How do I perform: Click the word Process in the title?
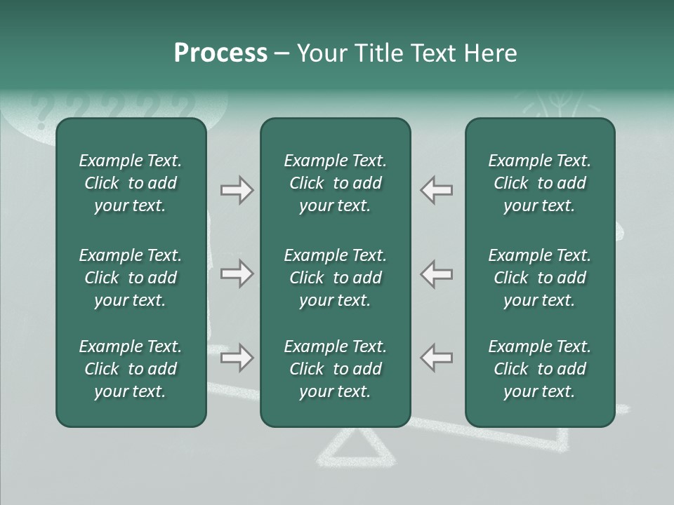(220, 53)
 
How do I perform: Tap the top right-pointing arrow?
(237, 190)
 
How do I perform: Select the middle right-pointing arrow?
(237, 274)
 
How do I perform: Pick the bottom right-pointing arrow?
(237, 358)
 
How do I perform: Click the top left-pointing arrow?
(436, 190)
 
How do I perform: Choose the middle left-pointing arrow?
(436, 274)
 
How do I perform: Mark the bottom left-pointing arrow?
(436, 358)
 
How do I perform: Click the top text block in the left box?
(131, 183)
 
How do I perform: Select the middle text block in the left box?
(131, 278)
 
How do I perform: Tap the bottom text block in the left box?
(131, 369)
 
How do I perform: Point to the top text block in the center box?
(336, 183)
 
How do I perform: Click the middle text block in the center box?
(336, 278)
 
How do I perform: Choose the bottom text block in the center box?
(336, 369)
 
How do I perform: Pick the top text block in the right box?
(540, 183)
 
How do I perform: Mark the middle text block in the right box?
(540, 278)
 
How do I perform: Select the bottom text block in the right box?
(540, 369)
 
